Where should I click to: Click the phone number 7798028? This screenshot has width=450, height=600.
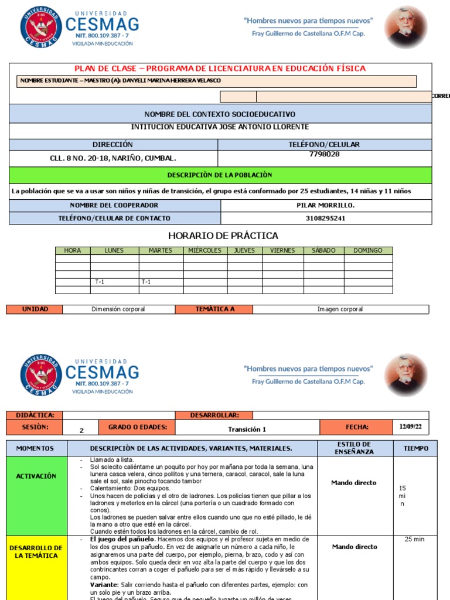pyautogui.click(x=324, y=155)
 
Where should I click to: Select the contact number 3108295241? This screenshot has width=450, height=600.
pyautogui.click(x=325, y=219)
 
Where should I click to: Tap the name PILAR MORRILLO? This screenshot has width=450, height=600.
pyautogui.click(x=325, y=206)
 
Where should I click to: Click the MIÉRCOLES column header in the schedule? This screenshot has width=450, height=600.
pyautogui.click(x=204, y=251)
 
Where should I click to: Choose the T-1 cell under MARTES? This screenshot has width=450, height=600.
pyautogui.click(x=145, y=282)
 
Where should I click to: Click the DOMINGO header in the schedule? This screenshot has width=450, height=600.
pyautogui.click(x=367, y=251)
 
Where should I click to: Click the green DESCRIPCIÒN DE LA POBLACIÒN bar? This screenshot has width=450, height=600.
pyautogui.click(x=220, y=175)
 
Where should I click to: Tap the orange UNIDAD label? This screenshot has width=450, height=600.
pyautogui.click(x=35, y=309)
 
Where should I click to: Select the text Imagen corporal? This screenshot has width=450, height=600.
pyautogui.click(x=340, y=309)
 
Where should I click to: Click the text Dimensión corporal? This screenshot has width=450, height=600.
pyautogui.click(x=118, y=309)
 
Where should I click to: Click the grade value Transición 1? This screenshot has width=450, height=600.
pyautogui.click(x=247, y=429)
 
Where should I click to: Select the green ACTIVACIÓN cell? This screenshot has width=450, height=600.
pyautogui.click(x=36, y=476)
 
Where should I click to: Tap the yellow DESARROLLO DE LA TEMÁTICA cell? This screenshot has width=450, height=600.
pyautogui.click(x=36, y=551)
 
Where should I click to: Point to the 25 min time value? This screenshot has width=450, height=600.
pyautogui.click(x=415, y=540)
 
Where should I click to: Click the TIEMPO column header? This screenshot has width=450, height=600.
pyautogui.click(x=415, y=448)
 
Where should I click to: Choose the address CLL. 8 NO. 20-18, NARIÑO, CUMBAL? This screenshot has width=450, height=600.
pyautogui.click(x=113, y=158)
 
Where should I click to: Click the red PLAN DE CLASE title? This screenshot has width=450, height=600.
pyautogui.click(x=220, y=69)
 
